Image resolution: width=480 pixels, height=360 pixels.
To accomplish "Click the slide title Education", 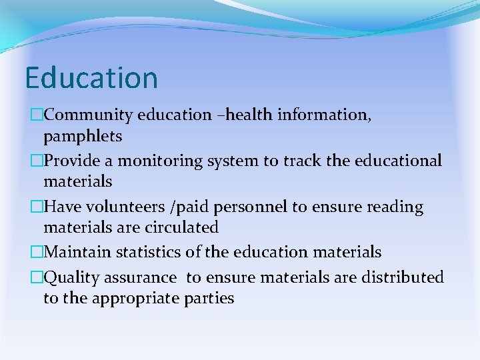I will tap(91, 78).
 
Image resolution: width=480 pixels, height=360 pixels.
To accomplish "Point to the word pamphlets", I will tap(83, 137).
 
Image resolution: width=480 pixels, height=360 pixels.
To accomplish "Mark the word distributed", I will tap(402, 277).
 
